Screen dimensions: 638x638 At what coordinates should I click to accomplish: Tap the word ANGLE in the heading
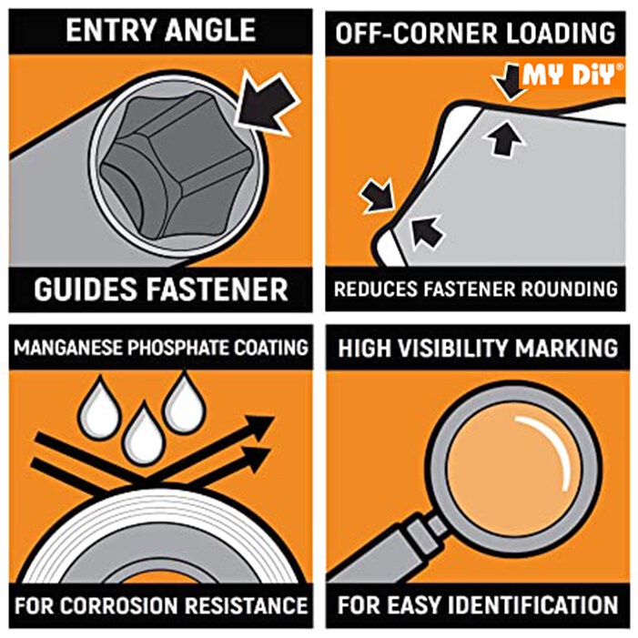210,30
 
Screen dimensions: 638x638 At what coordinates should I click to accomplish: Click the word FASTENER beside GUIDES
217,289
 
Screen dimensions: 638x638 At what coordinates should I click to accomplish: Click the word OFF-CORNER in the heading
416,33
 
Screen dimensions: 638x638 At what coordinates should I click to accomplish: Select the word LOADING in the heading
561,33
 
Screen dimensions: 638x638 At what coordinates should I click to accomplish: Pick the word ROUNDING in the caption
570,289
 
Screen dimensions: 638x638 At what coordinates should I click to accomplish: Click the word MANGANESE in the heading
68,348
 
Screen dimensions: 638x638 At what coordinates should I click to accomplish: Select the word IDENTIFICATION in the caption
535,605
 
